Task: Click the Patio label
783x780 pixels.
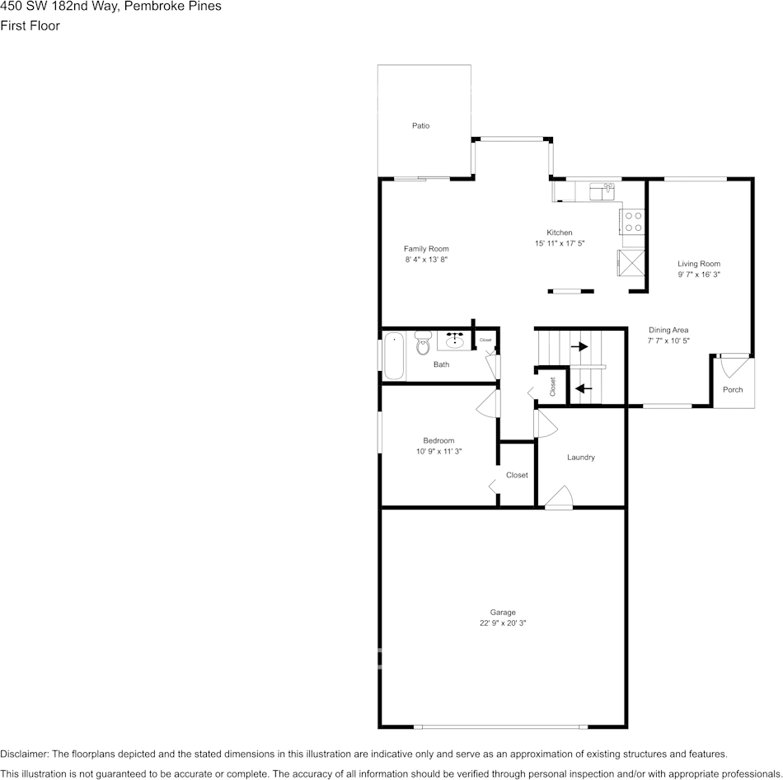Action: [420, 126]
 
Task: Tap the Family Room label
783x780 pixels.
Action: [426, 249]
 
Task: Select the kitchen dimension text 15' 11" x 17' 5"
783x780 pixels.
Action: [560, 243]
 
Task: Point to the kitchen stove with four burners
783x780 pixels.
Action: [633, 222]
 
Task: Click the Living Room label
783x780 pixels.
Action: [699, 264]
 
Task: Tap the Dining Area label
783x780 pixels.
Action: [668, 330]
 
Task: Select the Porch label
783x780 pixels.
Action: [733, 389]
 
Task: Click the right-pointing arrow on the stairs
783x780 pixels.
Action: [579, 346]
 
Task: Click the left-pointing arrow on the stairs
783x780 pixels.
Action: [584, 388]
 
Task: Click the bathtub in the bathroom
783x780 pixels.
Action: [394, 355]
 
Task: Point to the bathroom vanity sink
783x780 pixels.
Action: [454, 339]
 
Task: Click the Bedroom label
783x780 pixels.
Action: [438, 440]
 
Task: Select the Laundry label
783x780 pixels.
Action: [581, 458]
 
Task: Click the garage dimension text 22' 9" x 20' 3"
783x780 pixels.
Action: [503, 623]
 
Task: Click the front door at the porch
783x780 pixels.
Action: [732, 363]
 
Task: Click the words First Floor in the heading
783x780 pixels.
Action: [30, 26]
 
